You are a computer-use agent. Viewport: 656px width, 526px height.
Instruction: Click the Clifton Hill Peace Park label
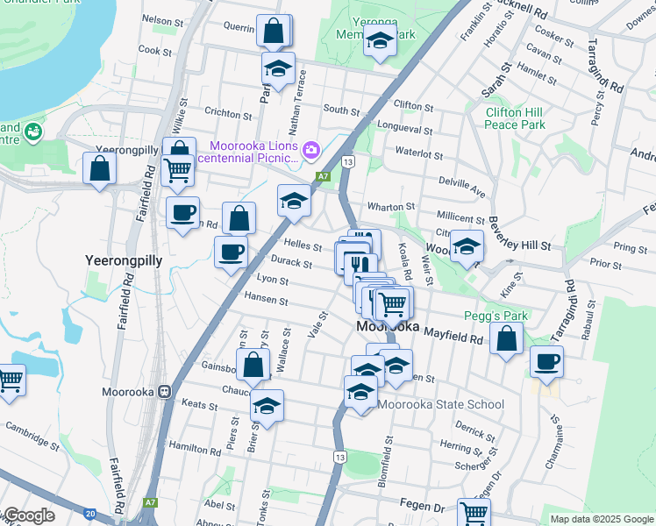point(516,118)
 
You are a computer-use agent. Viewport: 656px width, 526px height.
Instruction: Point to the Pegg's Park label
point(490,316)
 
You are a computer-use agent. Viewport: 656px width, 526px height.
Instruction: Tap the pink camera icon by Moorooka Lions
point(311,151)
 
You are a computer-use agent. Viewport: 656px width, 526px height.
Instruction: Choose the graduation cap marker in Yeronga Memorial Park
point(380,41)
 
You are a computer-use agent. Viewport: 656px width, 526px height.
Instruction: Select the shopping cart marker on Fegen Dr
point(474,511)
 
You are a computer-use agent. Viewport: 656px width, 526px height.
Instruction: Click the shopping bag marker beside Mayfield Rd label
point(507,338)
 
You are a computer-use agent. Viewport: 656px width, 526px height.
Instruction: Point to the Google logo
point(28,515)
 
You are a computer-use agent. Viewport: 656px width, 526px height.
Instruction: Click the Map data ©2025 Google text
point(601,519)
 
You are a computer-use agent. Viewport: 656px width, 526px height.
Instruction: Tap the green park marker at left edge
point(33,132)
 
